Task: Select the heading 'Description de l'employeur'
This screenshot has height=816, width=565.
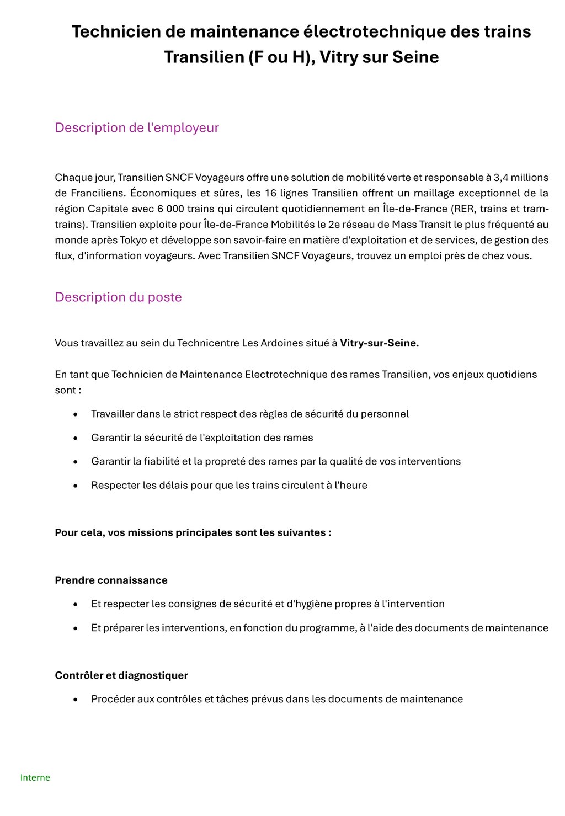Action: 137,127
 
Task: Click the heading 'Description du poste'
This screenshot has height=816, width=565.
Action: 118,297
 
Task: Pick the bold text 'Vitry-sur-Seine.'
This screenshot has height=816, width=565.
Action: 379,343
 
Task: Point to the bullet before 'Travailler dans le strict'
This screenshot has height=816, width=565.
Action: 76,414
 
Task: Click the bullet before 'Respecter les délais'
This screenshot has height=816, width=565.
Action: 76,486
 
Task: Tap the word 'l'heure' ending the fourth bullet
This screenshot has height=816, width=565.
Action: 351,485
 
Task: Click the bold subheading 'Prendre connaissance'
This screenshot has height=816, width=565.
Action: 111,580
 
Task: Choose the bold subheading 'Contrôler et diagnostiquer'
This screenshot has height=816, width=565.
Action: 121,675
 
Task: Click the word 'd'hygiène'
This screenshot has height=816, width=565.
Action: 310,604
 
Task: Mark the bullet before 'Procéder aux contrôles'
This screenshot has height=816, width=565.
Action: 76,700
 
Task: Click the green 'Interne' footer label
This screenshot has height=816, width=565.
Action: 35,777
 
